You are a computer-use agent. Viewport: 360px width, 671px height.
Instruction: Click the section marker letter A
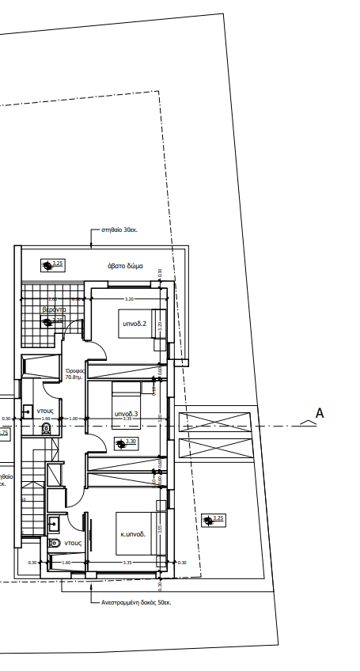click(320, 412)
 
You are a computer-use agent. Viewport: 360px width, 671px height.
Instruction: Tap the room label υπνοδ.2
click(134, 324)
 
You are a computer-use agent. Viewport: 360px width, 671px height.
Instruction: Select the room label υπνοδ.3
click(127, 414)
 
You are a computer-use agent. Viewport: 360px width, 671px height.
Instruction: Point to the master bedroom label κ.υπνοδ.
click(132, 534)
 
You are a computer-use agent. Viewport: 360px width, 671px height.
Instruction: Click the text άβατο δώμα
click(126, 266)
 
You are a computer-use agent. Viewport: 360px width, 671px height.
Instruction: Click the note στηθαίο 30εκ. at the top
click(119, 230)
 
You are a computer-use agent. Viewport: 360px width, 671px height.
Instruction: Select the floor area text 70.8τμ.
click(75, 378)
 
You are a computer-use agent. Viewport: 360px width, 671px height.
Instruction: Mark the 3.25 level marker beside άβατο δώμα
click(54, 263)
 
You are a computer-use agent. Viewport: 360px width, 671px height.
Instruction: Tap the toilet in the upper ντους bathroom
click(46, 428)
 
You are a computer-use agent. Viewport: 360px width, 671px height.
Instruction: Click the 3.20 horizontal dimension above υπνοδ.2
click(129, 299)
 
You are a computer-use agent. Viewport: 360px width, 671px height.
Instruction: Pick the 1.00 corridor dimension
click(73, 419)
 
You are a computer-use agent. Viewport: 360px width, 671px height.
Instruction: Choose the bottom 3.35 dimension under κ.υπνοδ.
click(127, 563)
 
